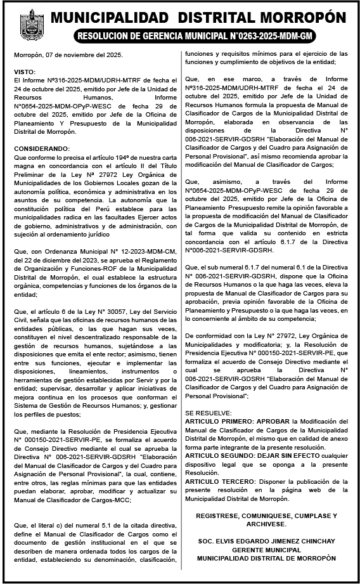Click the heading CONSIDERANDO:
click(41, 148)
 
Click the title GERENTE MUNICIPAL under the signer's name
click(266, 550)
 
